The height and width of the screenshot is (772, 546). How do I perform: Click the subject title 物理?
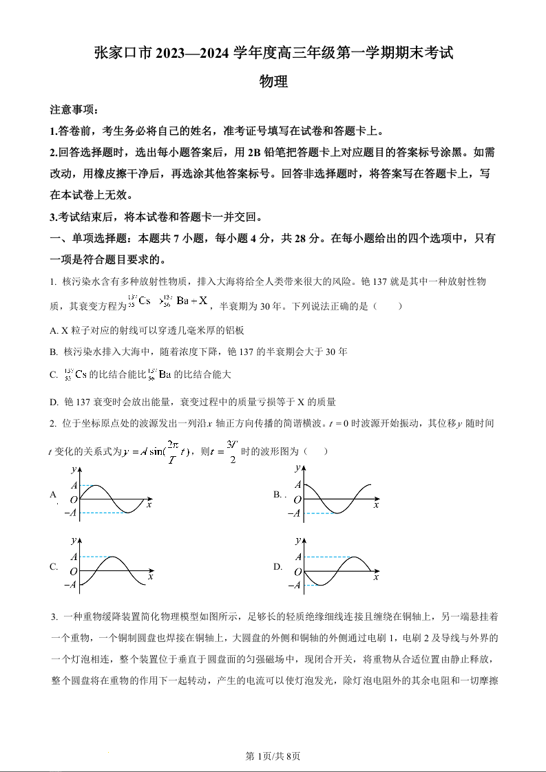tap(273, 82)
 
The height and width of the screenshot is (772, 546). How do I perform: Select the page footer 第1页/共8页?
tap(273, 756)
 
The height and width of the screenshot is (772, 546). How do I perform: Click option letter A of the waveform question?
tap(53, 494)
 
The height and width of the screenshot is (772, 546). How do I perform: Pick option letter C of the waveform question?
tap(54, 567)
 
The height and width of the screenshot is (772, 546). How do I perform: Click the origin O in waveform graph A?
tap(74, 500)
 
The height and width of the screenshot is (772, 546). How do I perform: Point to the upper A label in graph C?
tap(74, 557)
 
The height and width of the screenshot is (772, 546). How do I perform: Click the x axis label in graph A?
tap(149, 505)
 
